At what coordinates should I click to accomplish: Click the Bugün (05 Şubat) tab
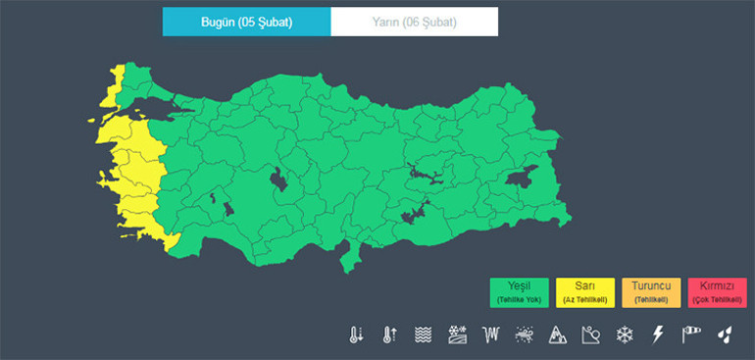pos(246,21)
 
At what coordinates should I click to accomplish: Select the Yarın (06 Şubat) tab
pos(414,21)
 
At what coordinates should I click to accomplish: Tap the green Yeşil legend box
pos(519,291)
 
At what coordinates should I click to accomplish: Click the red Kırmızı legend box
pos(718,291)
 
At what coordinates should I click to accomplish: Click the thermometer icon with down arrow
pos(355,334)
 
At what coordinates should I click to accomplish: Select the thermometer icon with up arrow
pos(389,334)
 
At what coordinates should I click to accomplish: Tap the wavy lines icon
pos(424,334)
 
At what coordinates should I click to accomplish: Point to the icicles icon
pos(491,334)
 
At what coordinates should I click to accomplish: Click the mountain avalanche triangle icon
pos(558,334)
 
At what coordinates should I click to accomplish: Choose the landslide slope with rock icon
pos(590,334)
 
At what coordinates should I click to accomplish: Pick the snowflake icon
pos(624,334)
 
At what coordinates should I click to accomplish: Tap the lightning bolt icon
pos(658,334)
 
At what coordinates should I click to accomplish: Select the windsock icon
pos(692,334)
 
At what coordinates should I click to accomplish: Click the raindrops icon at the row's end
pos(726,334)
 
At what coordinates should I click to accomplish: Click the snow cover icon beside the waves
pos(457,334)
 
